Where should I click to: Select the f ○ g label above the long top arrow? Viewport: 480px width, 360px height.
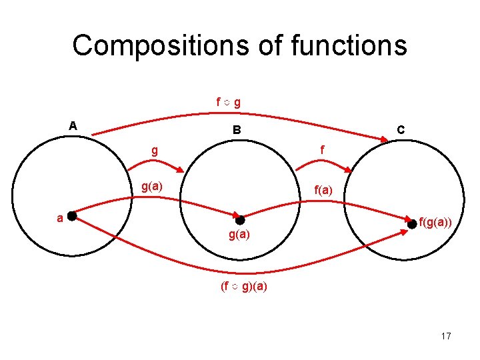[228, 103]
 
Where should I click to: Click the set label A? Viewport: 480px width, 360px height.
[73, 125]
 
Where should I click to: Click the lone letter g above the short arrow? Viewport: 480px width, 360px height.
[155, 151]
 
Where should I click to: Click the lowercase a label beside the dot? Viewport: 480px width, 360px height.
[60, 217]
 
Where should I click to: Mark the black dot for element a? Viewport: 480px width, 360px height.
[71, 215]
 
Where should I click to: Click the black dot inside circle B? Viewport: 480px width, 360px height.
[240, 221]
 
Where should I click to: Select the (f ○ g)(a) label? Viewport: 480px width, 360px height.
[244, 288]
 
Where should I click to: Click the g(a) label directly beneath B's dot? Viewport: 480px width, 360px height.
[239, 235]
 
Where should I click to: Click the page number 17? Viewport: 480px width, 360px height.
[445, 336]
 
